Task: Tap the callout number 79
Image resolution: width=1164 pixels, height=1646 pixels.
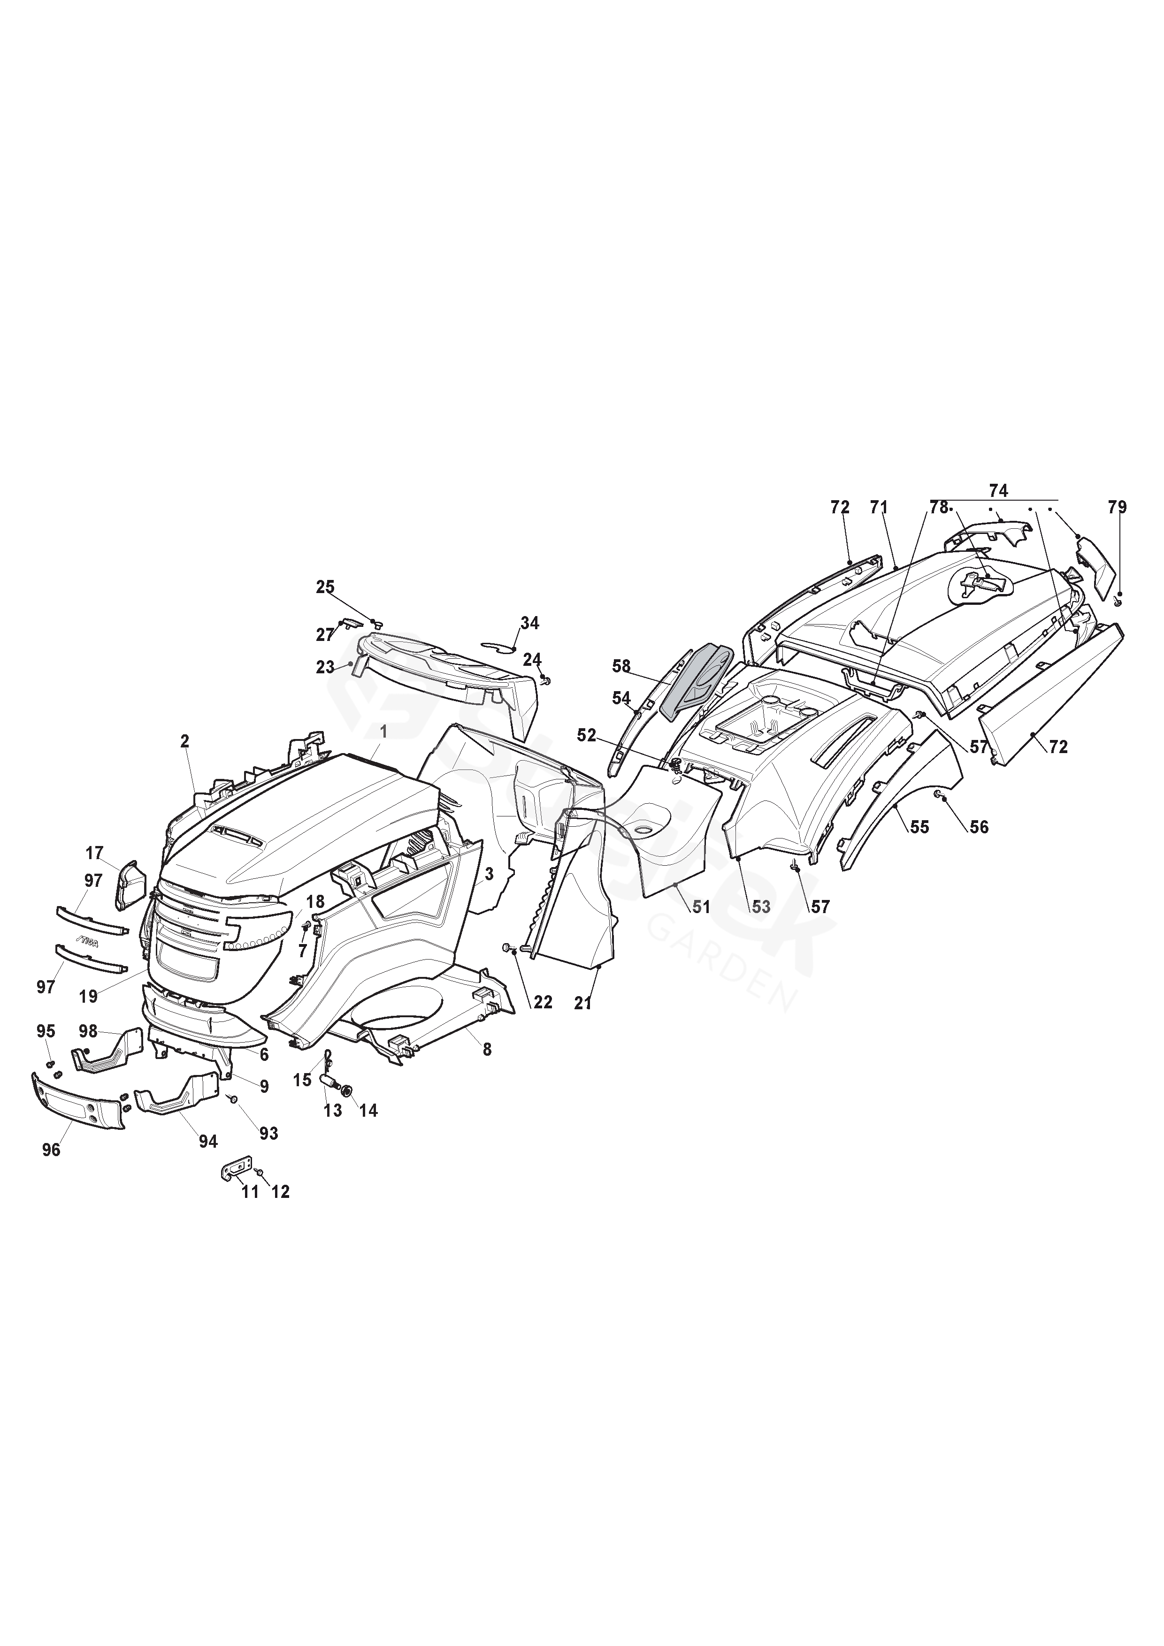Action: tap(1117, 507)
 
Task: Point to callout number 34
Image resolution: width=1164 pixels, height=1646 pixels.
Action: tap(529, 623)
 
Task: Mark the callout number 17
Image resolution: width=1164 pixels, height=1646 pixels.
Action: tap(94, 853)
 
